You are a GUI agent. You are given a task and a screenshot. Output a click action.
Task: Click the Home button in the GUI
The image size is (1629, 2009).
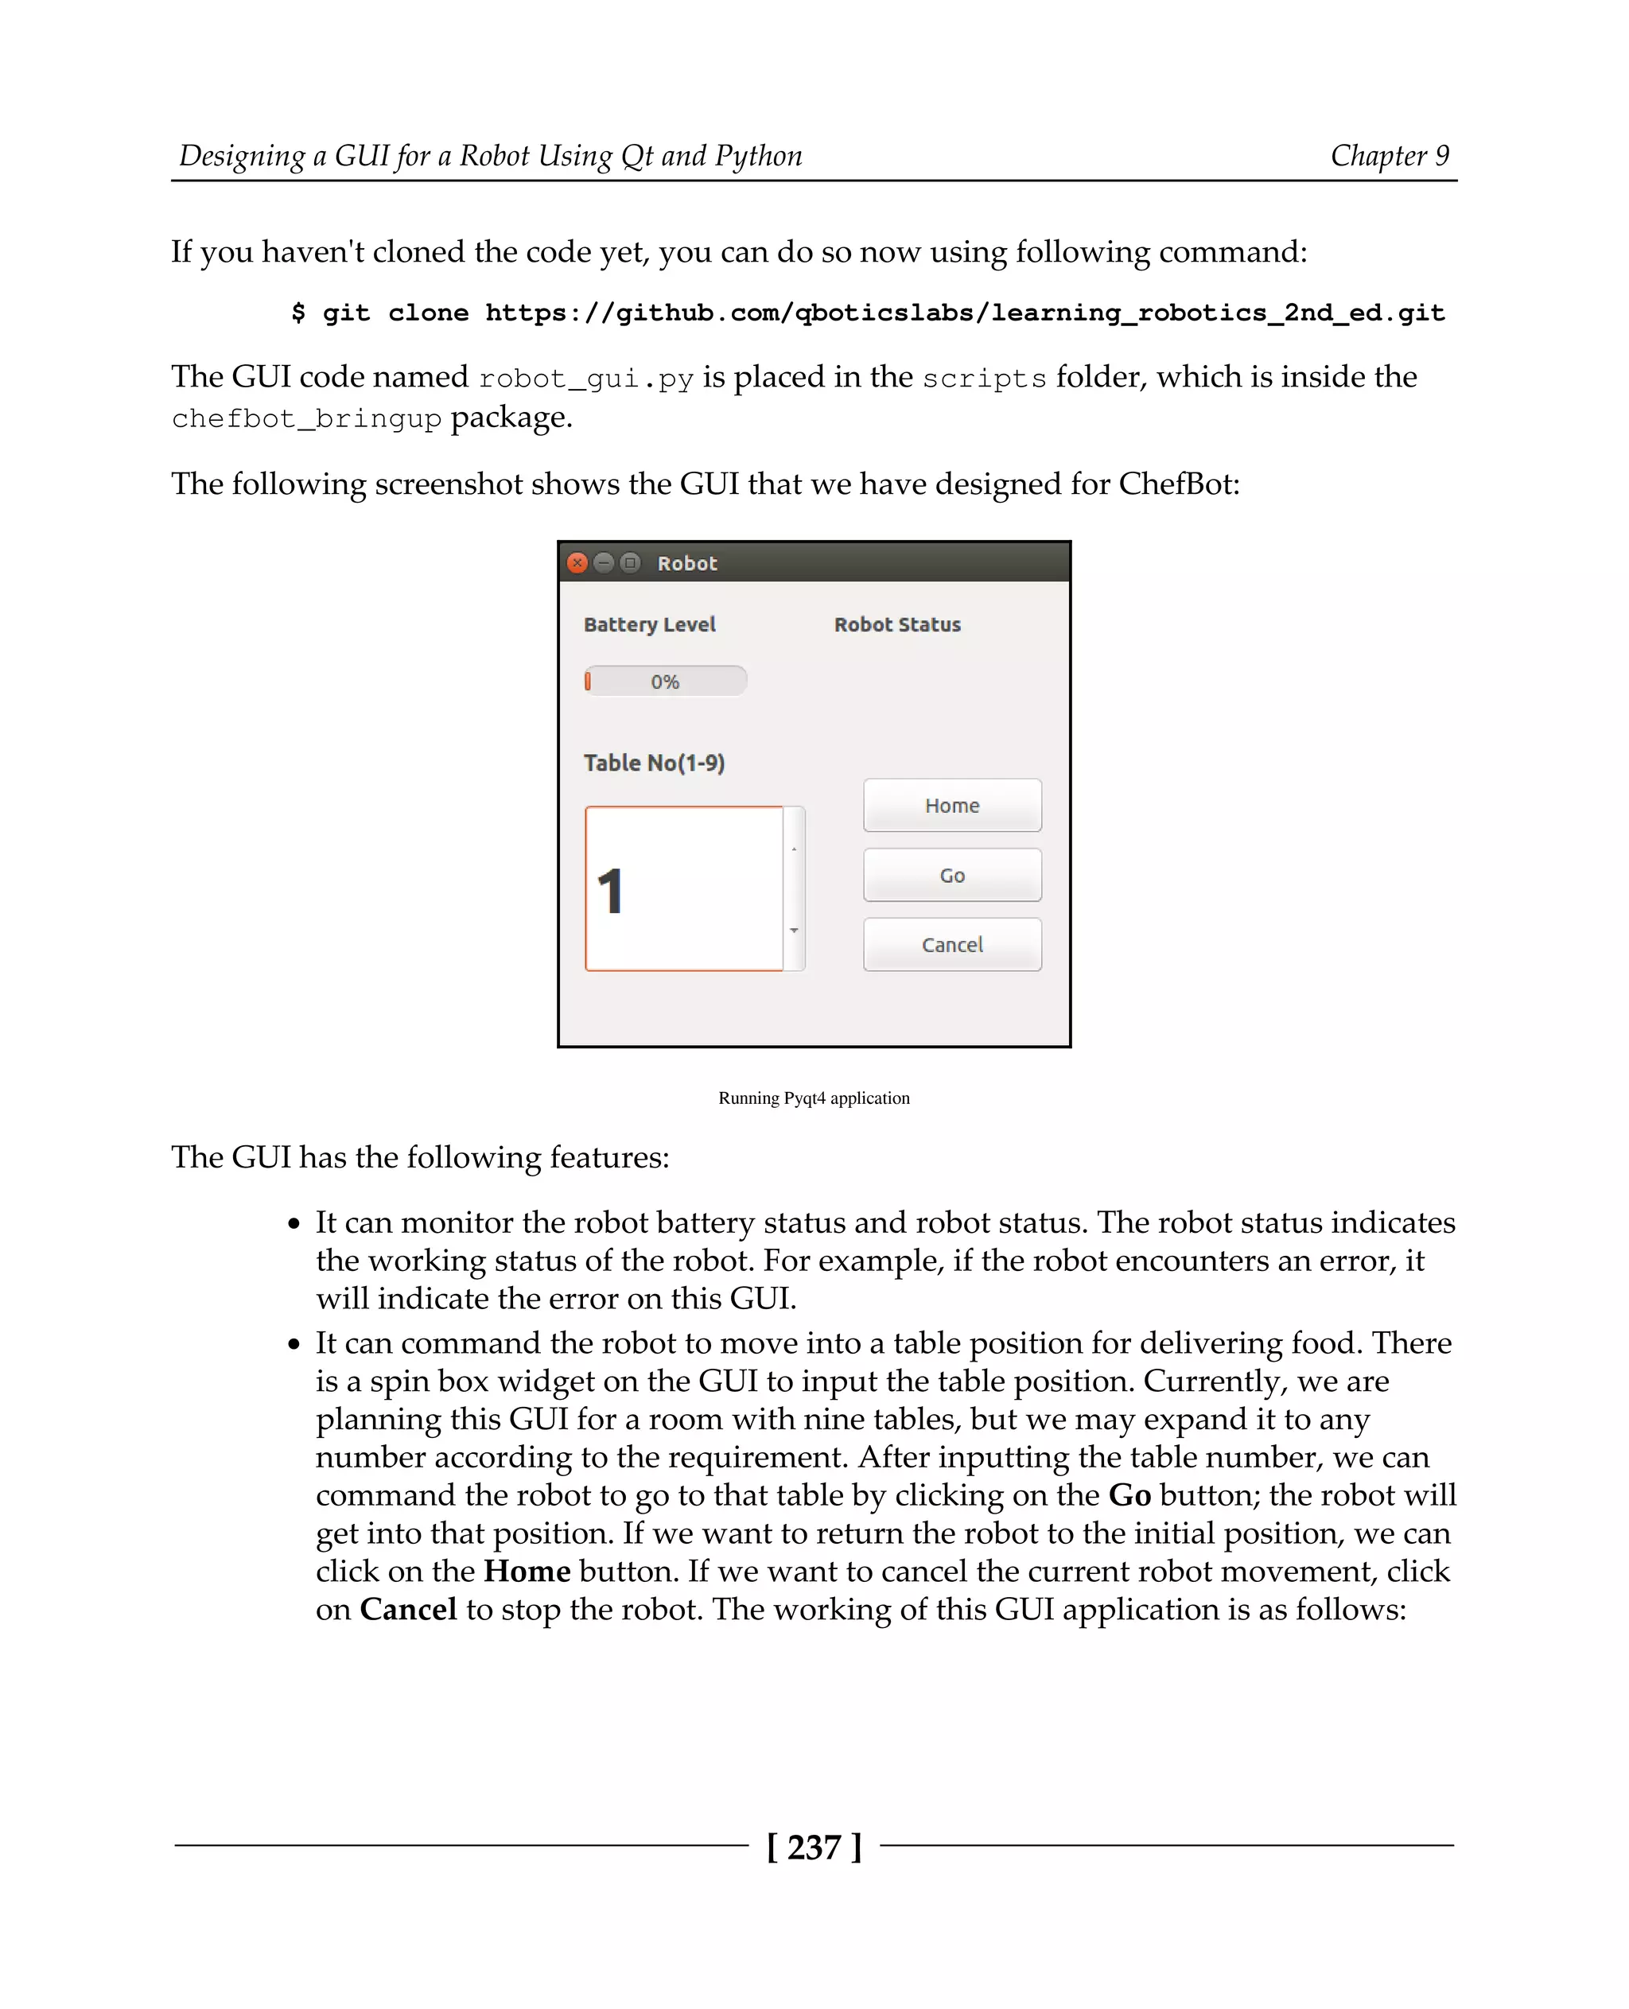(951, 805)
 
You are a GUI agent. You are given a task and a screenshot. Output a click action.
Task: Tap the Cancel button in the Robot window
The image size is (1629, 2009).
(951, 944)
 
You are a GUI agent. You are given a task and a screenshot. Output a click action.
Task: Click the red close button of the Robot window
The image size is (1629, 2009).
(578, 563)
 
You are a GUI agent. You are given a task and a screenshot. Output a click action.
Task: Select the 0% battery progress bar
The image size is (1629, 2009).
(664, 682)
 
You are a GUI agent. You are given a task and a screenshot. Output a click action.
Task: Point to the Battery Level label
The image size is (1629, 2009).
(649, 625)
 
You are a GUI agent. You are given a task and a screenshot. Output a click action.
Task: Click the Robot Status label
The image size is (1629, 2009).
(897, 625)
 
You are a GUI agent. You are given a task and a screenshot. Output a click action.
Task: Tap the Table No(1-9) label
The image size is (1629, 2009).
(654, 763)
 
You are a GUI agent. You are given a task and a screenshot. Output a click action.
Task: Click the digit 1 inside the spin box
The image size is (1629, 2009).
(611, 891)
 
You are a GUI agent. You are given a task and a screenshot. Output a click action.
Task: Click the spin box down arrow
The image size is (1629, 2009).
(794, 930)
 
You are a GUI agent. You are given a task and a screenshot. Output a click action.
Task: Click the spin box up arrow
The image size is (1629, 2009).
(794, 849)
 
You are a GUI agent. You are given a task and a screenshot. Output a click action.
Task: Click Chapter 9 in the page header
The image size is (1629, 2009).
(1389, 156)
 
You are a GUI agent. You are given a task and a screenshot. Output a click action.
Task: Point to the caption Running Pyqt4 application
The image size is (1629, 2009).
(814, 1098)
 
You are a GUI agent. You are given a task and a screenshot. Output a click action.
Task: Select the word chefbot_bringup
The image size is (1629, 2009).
(306, 419)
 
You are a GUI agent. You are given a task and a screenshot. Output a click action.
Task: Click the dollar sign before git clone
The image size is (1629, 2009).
(298, 313)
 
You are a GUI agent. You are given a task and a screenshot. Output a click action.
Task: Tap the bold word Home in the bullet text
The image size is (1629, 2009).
(527, 1571)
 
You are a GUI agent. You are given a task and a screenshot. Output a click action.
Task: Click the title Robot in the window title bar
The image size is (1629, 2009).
(687, 563)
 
